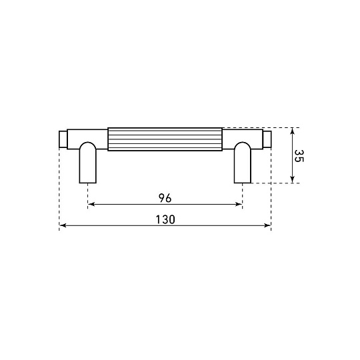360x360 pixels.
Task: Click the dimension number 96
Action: tap(165, 198)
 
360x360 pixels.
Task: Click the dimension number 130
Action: tap(165, 219)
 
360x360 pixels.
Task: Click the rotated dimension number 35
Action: tap(299, 156)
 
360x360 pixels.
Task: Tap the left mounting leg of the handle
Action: tap(88, 163)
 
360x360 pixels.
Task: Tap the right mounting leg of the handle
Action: tap(243, 163)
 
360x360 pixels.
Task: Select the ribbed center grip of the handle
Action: tap(165, 139)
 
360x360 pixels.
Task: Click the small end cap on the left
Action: tap(63, 139)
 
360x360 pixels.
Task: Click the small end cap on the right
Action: tap(267, 139)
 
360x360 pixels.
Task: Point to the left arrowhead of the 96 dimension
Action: tap(91, 204)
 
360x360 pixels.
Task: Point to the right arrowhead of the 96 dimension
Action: tap(239, 204)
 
